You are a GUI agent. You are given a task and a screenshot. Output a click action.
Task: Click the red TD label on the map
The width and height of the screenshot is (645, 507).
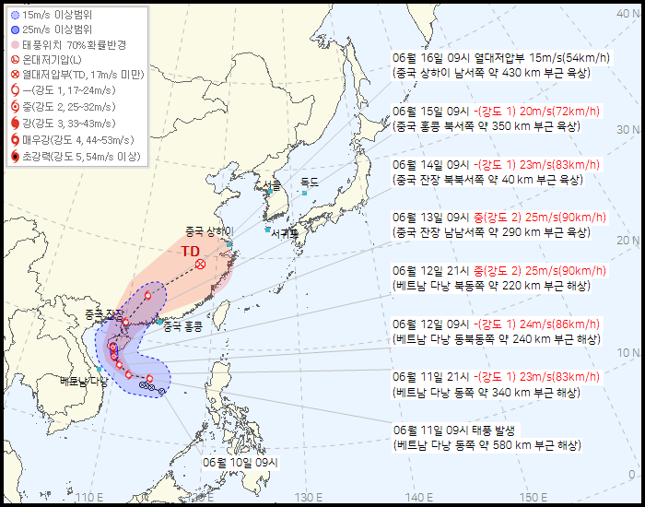tap(191, 251)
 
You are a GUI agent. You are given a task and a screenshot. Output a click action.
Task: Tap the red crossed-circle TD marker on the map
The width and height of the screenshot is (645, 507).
tap(200, 265)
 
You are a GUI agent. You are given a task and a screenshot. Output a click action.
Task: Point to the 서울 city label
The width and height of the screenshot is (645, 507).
tap(270, 185)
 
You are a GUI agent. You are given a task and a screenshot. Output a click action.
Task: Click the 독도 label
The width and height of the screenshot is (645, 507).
tap(310, 183)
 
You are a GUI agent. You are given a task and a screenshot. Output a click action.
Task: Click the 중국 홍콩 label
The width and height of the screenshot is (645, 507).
tap(182, 325)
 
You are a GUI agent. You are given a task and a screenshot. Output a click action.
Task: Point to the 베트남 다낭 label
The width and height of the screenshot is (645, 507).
tap(83, 380)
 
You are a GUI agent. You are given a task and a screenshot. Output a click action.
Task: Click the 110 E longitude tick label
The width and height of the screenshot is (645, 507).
tap(88, 499)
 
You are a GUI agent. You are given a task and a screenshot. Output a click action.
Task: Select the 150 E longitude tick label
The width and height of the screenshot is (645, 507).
tap(526, 499)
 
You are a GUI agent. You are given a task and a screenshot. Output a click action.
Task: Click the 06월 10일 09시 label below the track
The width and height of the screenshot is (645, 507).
tap(240, 461)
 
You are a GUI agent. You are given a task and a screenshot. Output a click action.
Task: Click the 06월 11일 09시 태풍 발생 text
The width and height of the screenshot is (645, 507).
tap(457, 430)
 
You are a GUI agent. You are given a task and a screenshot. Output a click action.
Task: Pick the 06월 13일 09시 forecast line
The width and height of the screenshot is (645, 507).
tap(498, 218)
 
